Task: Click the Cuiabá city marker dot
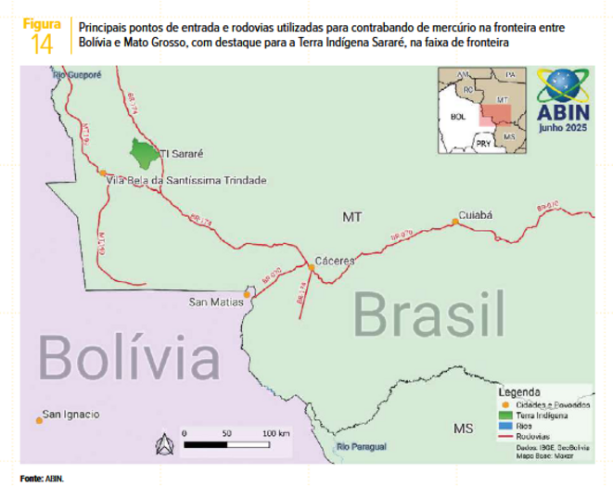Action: tap(455, 221)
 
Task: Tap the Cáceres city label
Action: tap(334, 261)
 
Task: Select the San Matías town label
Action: tap(215, 301)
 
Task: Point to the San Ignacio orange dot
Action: tap(39, 421)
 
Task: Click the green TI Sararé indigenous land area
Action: tap(142, 151)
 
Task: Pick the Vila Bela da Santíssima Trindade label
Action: tap(187, 180)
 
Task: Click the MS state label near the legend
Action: tap(464, 428)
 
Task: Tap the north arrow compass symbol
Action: tap(164, 444)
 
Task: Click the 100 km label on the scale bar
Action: tap(275, 433)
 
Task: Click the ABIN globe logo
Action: tap(563, 88)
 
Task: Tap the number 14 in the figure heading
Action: tap(42, 44)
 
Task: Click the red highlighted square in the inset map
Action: tap(494, 116)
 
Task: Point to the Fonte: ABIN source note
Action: tap(43, 479)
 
